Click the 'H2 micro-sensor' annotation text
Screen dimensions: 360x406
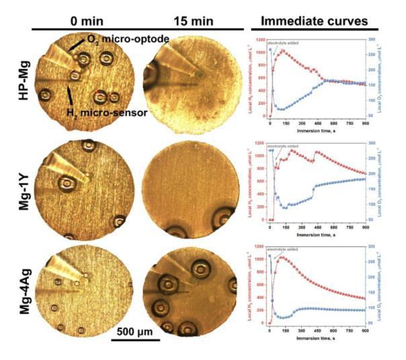pos(108,112)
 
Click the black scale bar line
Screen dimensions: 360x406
pos(135,341)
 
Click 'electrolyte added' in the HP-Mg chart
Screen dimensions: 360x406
pos(282,43)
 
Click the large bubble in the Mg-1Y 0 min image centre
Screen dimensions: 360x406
pos(67,183)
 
